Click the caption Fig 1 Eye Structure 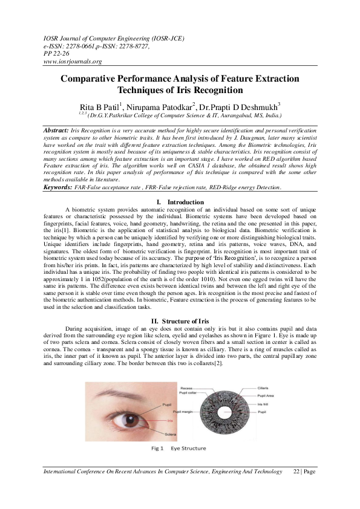point(179,449)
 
